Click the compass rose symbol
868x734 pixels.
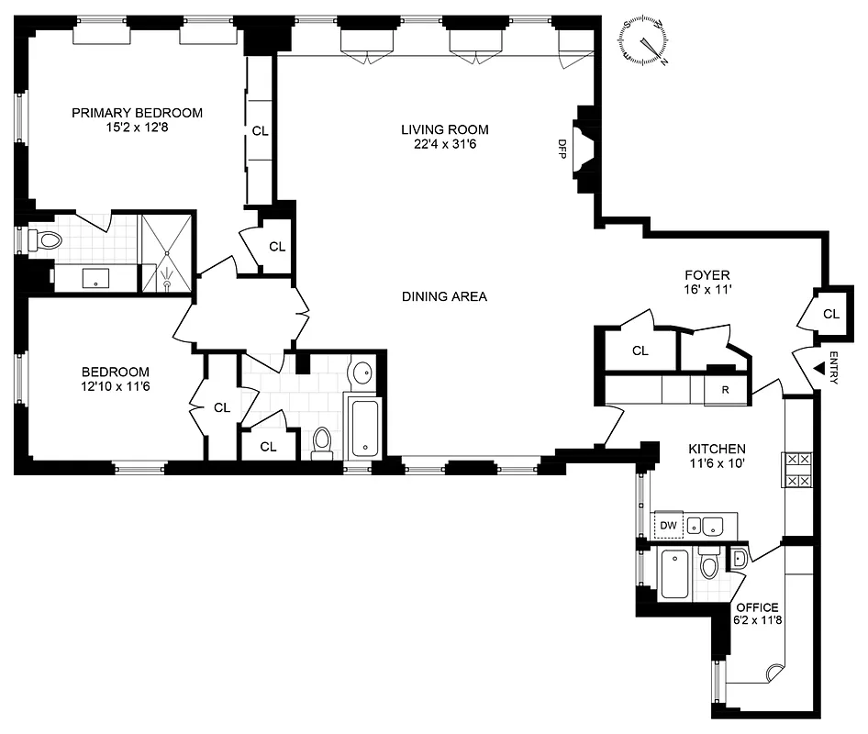click(x=646, y=41)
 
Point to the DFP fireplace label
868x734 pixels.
click(x=562, y=147)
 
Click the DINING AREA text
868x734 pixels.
click(x=444, y=296)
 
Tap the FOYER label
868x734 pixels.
click(x=707, y=274)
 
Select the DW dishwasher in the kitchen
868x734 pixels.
click(x=668, y=525)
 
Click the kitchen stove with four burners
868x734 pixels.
click(x=796, y=469)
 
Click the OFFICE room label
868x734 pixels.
click(x=757, y=607)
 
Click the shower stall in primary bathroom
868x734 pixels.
click(x=166, y=252)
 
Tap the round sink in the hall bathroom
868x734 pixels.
click(x=363, y=373)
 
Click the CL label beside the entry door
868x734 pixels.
click(x=830, y=314)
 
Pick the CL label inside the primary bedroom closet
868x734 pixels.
click(x=261, y=131)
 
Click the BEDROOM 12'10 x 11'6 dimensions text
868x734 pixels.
click(x=115, y=387)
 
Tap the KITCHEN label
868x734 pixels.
click(x=717, y=449)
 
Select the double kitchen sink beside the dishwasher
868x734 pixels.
click(x=706, y=525)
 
